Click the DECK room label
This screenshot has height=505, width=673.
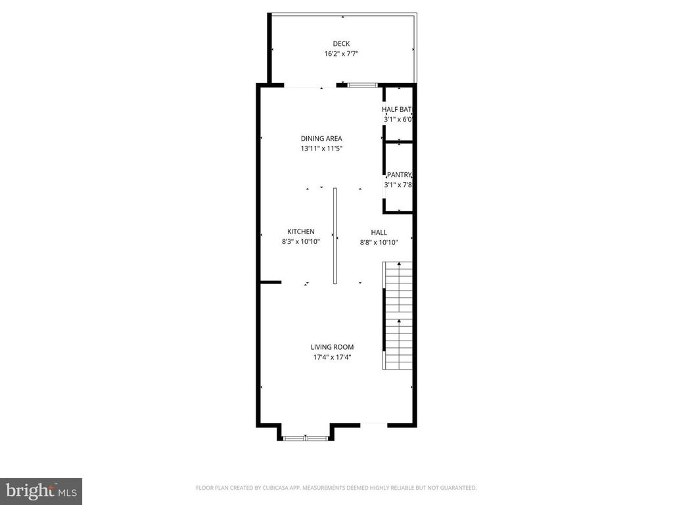click(x=341, y=44)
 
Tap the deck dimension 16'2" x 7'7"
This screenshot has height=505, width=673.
click(x=341, y=54)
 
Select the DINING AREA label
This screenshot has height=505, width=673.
click(x=321, y=139)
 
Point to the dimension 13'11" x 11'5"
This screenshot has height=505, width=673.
click(x=321, y=149)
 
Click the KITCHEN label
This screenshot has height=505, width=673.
click(x=301, y=231)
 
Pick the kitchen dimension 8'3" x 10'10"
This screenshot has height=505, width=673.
click(x=301, y=242)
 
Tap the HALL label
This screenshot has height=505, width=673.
click(x=379, y=232)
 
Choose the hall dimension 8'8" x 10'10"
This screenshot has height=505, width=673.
click(x=379, y=242)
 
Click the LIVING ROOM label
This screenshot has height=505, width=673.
click(x=332, y=347)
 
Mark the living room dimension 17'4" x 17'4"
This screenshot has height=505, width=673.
click(x=332, y=358)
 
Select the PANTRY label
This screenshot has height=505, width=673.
click(x=399, y=175)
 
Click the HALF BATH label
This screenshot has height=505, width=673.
click(x=398, y=109)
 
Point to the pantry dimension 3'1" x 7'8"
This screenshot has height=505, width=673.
click(x=398, y=185)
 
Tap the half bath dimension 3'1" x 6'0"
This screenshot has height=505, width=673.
click(x=398, y=120)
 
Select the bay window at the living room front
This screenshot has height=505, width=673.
click(x=306, y=438)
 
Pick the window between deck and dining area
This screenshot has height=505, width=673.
click(x=362, y=85)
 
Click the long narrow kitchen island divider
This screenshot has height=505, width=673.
click(x=335, y=237)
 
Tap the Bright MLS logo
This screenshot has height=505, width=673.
click(x=41, y=491)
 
